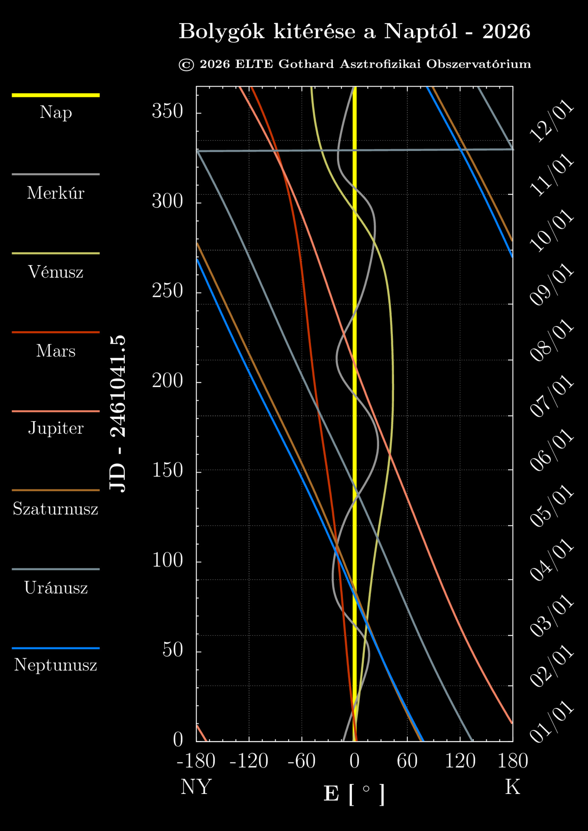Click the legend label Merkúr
click(x=55, y=193)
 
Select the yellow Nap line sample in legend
click(x=55, y=95)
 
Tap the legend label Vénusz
click(x=55, y=272)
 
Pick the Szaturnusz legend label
click(x=55, y=509)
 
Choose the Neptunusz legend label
click(x=55, y=664)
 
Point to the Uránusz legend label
click(x=56, y=587)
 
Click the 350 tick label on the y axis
click(x=167, y=111)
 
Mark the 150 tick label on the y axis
click(x=167, y=470)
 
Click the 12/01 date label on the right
click(x=551, y=121)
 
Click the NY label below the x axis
click(x=196, y=787)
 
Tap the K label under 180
click(x=513, y=787)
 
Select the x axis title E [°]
click(x=354, y=794)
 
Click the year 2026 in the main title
click(x=506, y=31)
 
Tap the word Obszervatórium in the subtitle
click(x=478, y=64)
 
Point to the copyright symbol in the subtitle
click(x=186, y=65)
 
